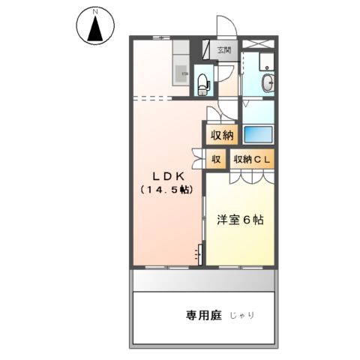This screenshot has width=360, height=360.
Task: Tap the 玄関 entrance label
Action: (x=224, y=51)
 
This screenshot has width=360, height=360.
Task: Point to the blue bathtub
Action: (x=259, y=136)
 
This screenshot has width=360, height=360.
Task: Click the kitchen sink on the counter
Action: (x=181, y=73)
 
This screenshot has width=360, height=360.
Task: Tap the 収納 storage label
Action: (x=221, y=136)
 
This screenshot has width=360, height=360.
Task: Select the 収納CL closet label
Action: (x=252, y=159)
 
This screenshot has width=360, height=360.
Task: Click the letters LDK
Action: (x=164, y=175)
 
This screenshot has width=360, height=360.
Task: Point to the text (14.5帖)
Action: (x=164, y=190)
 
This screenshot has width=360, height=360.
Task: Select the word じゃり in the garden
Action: (x=241, y=316)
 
